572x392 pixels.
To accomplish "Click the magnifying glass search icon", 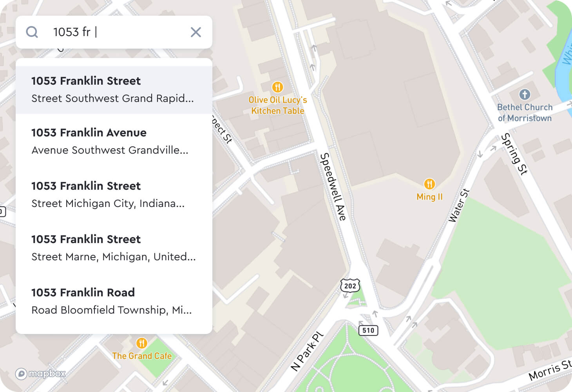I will coord(32,32).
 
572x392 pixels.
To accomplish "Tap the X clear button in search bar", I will coord(195,32).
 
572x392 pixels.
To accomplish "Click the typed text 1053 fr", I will coord(72,32).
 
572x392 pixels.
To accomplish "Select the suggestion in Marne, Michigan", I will coord(114,248).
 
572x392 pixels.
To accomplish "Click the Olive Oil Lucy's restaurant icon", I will coord(277,87).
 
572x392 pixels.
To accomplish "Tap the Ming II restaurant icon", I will coord(429,184).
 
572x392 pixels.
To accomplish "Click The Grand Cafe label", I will coord(142,356).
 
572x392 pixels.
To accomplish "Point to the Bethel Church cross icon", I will coord(525,94).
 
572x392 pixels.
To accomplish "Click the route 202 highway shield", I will coord(350,286).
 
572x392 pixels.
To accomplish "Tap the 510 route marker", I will coord(368,330).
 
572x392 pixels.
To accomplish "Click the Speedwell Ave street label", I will coord(333,187).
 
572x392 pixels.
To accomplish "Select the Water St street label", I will coord(459,205).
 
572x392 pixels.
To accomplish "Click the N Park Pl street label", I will coord(307,352).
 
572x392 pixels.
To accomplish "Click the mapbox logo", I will coord(41,374).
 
